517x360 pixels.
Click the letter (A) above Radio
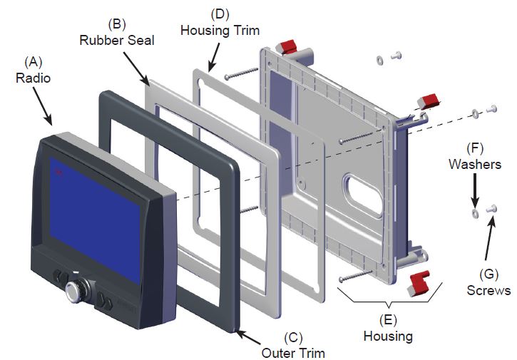click(34, 62)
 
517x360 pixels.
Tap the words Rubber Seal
click(117, 41)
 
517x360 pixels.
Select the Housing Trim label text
click(220, 31)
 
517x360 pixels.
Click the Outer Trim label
click(293, 353)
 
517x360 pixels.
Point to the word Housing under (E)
click(388, 336)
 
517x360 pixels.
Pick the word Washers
click(475, 164)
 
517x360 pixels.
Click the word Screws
click(488, 290)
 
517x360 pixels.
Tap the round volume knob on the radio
click(73, 291)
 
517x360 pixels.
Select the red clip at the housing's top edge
click(287, 46)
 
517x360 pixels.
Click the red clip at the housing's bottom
click(419, 283)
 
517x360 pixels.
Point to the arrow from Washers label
click(474, 190)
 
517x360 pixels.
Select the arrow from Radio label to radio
click(42, 106)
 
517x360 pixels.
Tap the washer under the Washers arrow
click(474, 213)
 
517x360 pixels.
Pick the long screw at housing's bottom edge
click(355, 276)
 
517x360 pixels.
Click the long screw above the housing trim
click(241, 73)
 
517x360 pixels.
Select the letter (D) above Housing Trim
click(220, 14)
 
